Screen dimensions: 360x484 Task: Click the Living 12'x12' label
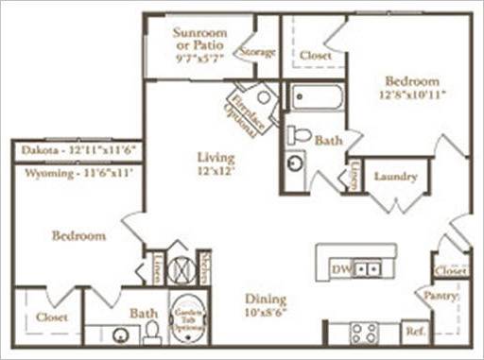click(x=216, y=163)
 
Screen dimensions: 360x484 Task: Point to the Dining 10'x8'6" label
click(x=266, y=305)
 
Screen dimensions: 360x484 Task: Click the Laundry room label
click(x=395, y=176)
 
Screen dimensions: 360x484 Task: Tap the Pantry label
click(x=442, y=296)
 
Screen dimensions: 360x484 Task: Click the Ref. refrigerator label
click(x=412, y=333)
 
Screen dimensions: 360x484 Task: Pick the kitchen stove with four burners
click(x=365, y=333)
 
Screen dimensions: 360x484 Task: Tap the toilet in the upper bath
click(x=299, y=135)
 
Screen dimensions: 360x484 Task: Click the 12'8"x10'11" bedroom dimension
click(x=412, y=94)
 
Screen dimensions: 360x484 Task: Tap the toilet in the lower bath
click(x=152, y=332)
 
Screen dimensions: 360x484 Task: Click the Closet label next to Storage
click(x=316, y=56)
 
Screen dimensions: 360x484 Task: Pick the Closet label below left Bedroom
click(x=52, y=318)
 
